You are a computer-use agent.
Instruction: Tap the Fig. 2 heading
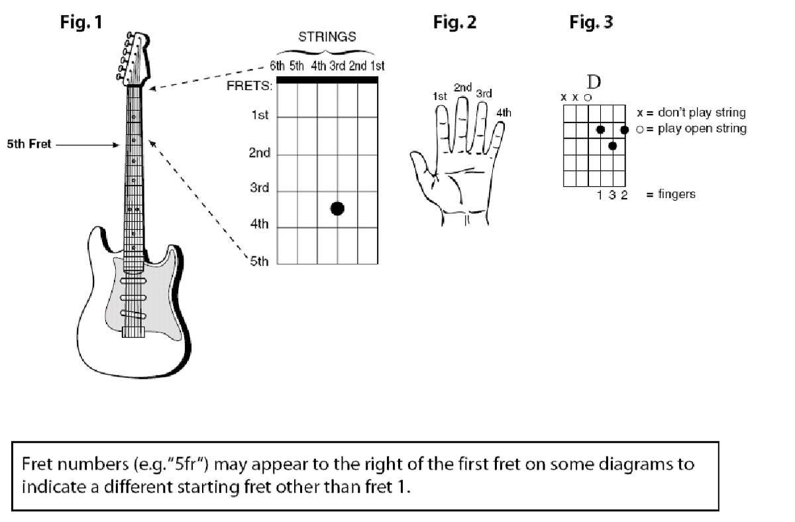(x=454, y=23)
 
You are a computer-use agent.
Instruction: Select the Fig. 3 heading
(x=591, y=23)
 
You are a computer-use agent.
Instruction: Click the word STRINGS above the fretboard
(x=327, y=37)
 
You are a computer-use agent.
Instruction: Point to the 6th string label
(x=277, y=66)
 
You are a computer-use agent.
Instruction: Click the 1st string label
(x=378, y=66)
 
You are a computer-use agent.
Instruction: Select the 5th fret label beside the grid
(x=260, y=262)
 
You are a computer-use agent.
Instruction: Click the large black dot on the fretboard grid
(x=337, y=209)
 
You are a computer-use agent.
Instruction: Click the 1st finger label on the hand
(x=439, y=97)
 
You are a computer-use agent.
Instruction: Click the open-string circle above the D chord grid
(x=588, y=97)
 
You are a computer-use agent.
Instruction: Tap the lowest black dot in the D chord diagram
(x=613, y=145)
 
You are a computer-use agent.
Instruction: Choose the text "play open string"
(x=702, y=129)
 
